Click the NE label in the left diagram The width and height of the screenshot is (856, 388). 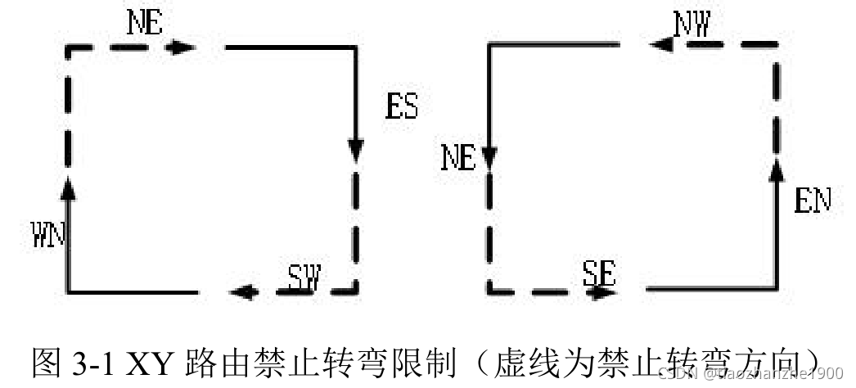point(146,22)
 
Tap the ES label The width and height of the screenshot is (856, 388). point(401,106)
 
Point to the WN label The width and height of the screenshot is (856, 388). point(49,236)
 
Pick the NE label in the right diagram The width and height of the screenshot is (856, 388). point(458,157)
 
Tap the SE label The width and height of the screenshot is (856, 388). point(599,272)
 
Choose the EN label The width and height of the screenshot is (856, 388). point(813,201)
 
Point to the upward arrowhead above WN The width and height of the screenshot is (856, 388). point(68,187)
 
